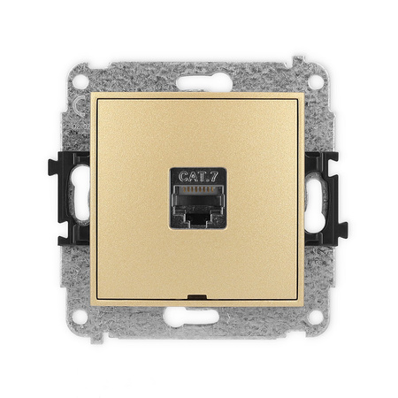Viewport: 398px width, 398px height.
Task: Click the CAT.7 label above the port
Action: coord(198,177)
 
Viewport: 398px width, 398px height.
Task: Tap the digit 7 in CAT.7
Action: coord(214,177)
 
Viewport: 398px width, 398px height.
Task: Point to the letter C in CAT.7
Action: coord(183,177)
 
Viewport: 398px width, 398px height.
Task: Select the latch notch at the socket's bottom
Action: coord(198,218)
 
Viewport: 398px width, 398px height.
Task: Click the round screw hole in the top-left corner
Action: coord(80,81)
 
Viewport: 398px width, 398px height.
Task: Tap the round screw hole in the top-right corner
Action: coord(316,81)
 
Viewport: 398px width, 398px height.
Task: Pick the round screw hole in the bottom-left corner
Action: coord(80,318)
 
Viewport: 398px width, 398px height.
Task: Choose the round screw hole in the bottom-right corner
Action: coord(316,318)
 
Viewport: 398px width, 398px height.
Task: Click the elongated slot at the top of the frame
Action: coord(204,83)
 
